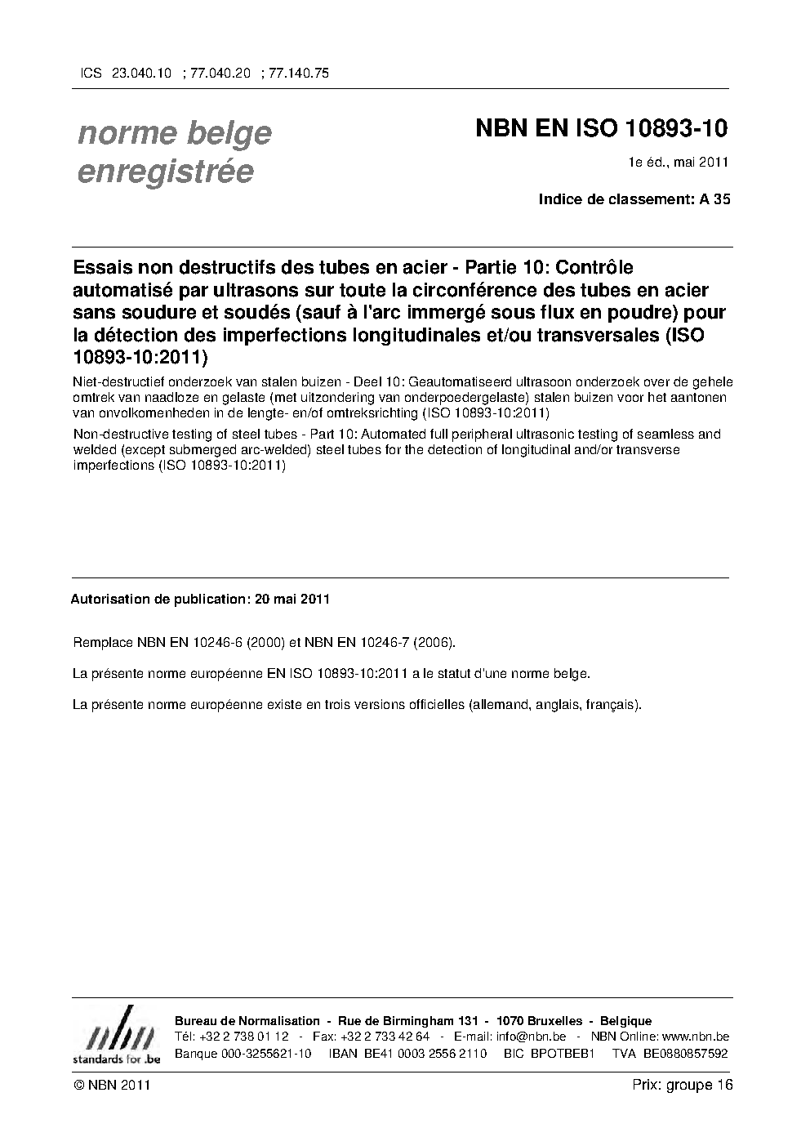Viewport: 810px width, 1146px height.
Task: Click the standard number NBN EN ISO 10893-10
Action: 601,129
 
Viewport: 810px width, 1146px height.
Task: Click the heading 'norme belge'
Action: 175,133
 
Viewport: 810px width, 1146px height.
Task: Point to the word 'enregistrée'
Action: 165,172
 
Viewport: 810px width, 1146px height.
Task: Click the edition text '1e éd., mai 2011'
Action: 678,162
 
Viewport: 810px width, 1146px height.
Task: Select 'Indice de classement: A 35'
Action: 634,199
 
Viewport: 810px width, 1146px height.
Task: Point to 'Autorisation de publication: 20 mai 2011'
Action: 200,599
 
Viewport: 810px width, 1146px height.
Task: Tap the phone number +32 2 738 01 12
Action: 244,1037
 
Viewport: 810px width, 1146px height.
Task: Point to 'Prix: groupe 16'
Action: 683,1085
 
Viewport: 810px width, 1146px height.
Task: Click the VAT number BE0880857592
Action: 685,1053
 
